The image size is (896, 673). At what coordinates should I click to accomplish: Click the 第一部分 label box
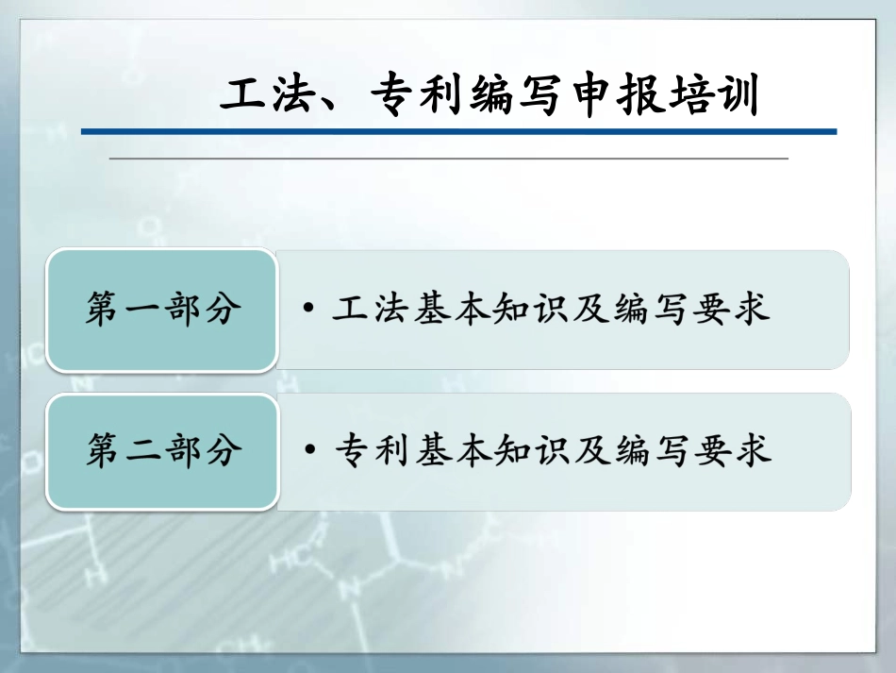[x=163, y=310]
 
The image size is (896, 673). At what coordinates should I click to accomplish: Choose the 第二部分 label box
[x=163, y=451]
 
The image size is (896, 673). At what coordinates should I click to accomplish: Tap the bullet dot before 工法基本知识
[x=310, y=310]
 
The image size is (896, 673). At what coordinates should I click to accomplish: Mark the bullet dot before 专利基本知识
[x=310, y=451]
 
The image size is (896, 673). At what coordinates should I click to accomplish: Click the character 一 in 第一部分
[x=143, y=310]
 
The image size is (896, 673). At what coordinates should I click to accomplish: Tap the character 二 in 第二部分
[x=143, y=451]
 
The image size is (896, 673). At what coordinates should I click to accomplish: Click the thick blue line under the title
[x=458, y=131]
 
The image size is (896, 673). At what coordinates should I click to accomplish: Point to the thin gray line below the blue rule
[x=448, y=159]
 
